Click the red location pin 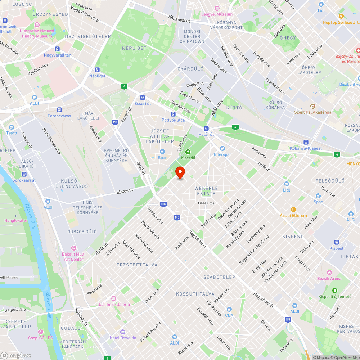point(180,173)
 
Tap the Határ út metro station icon point(206,129)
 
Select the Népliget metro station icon point(97,70)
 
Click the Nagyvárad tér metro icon point(57,49)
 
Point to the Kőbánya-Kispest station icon point(306,142)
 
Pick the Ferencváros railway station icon point(59,110)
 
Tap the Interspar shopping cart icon point(222,148)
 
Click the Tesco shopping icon point(12,127)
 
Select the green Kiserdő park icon point(188,152)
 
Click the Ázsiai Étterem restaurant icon point(293,209)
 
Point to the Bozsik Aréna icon point(329,273)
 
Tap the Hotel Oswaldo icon point(123,332)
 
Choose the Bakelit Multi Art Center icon point(74,248)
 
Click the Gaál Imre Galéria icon point(113,298)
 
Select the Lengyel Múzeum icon point(217,8)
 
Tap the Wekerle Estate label point(206,191)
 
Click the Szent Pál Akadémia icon point(312,106)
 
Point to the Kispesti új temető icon point(335,291)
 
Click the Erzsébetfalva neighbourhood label point(137,265)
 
